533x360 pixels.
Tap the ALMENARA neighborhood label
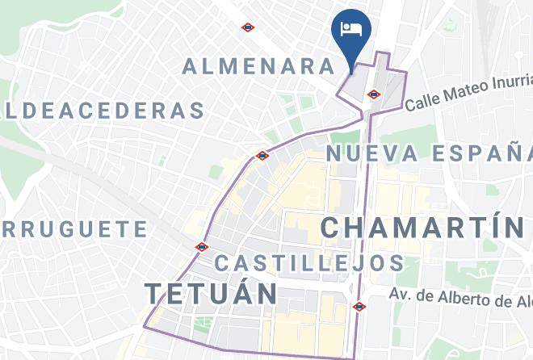pyautogui.click(x=258, y=66)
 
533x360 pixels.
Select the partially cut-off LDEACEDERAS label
pyautogui.click(x=103, y=111)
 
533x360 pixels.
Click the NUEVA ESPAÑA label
pyautogui.click(x=428, y=153)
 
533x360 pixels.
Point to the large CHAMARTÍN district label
pyautogui.click(x=424, y=227)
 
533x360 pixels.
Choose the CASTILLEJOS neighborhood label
pyautogui.click(x=309, y=263)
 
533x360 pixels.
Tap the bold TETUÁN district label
pyautogui.click(x=211, y=294)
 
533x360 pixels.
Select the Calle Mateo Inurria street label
pyautogui.click(x=468, y=93)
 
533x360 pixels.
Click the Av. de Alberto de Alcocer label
pyautogui.click(x=460, y=298)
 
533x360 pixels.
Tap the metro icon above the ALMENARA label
pyautogui.click(x=248, y=27)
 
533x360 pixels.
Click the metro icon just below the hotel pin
pyautogui.click(x=373, y=94)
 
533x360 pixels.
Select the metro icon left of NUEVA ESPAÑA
pyautogui.click(x=262, y=155)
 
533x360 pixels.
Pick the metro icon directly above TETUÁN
pyautogui.click(x=202, y=247)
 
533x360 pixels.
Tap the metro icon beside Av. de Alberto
pyautogui.click(x=359, y=307)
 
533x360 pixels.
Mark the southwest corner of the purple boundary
pyautogui.click(x=145, y=327)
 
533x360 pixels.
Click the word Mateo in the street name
pyautogui.click(x=457, y=95)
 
